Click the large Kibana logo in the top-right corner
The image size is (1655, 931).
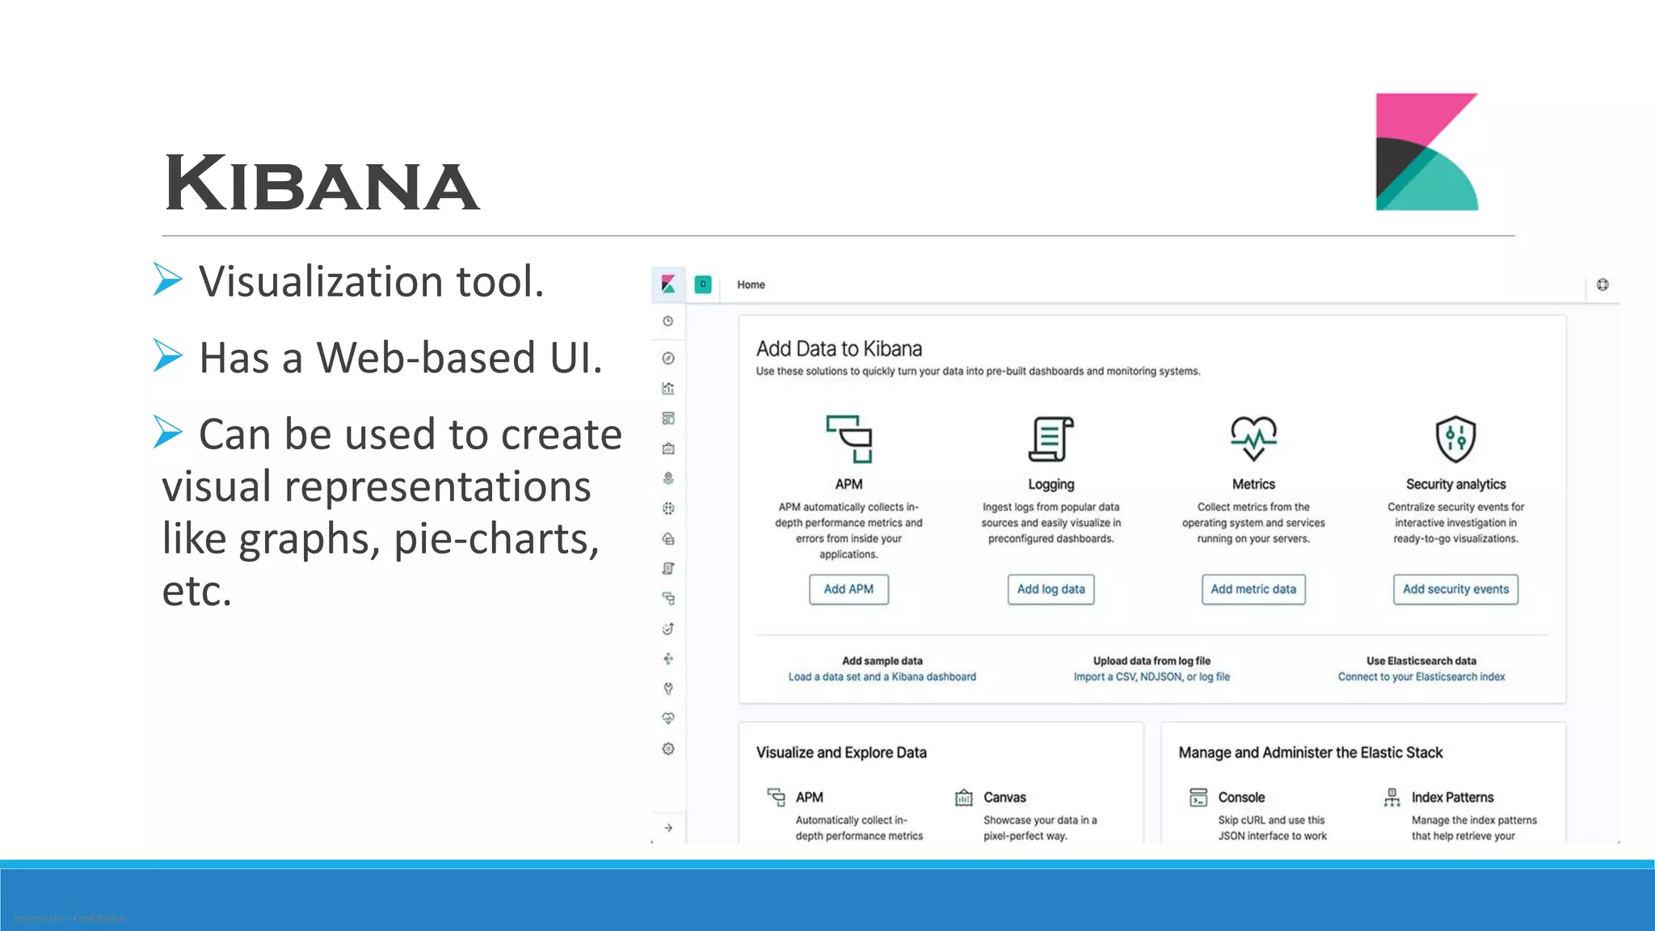[1426, 152]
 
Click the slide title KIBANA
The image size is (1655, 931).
[322, 184]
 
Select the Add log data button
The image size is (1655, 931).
[1051, 589]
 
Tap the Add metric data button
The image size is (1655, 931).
[1253, 589]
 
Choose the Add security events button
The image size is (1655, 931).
[1455, 589]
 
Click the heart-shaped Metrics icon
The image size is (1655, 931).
[1253, 438]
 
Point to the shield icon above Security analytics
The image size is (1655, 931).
[1455, 439]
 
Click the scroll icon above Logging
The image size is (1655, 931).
[1051, 439]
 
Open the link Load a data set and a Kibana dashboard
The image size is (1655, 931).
[882, 676]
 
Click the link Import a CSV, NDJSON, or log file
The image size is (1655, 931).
[1152, 676]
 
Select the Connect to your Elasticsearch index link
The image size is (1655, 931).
[1421, 676]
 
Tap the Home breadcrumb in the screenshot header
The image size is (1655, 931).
[751, 284]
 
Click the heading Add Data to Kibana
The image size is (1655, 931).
[839, 349]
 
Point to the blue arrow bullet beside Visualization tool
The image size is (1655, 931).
[168, 280]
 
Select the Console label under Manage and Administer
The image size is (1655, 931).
[1241, 798]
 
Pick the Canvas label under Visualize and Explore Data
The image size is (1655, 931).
[1004, 798]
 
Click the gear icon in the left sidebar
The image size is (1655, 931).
[668, 749]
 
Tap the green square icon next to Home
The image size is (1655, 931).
[703, 284]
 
